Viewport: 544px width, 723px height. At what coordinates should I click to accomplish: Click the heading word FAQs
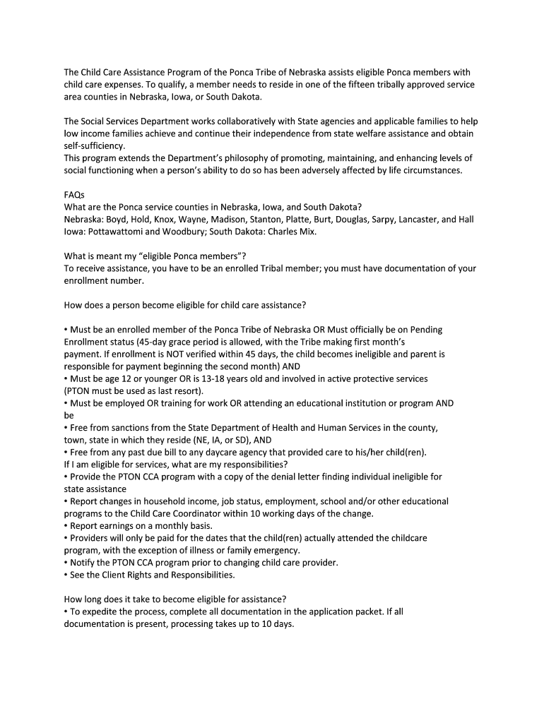point(74,195)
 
